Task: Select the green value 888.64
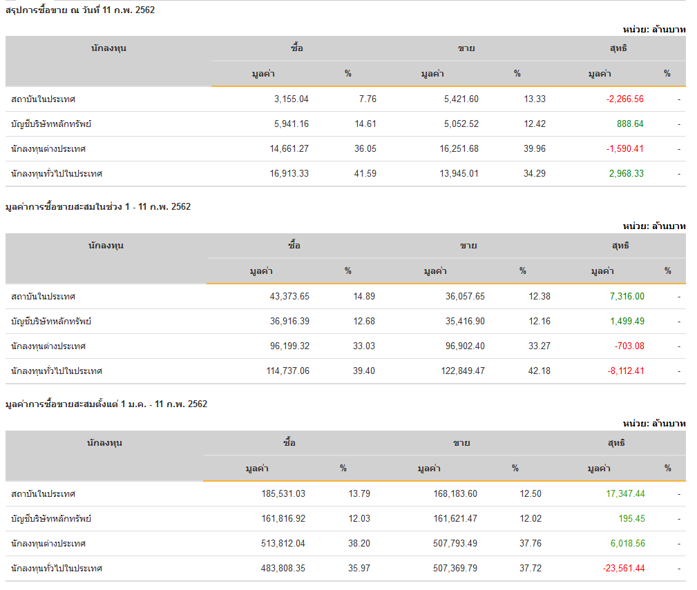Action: tap(629, 124)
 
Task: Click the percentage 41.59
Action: tap(365, 174)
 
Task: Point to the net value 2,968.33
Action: tap(626, 174)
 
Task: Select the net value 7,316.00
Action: tap(627, 297)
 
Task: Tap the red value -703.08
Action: tap(629, 346)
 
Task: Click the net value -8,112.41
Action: tap(625, 371)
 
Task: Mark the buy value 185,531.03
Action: tap(280, 494)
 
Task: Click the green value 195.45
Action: tap(631, 519)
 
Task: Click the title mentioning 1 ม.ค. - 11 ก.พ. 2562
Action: tap(106, 404)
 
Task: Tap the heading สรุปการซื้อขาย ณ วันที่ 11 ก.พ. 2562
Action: tap(80, 10)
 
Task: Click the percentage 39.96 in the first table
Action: tap(534, 149)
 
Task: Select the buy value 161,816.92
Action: tap(280, 519)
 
